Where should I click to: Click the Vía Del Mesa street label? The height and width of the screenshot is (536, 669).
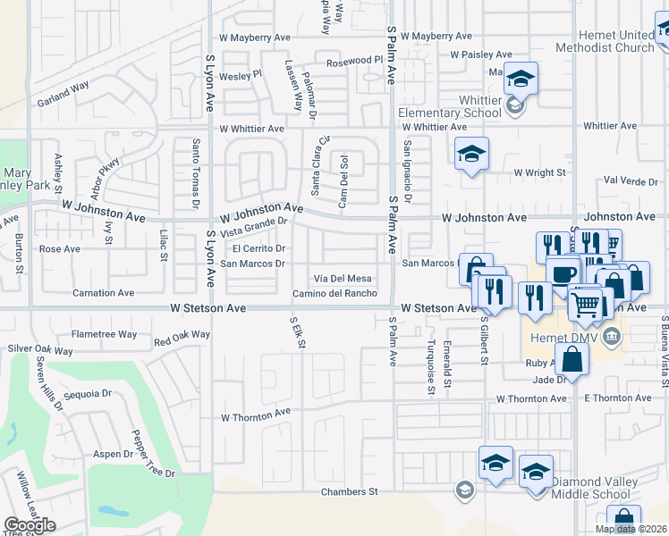pos(341,279)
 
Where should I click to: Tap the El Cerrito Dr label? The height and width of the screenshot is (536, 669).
pos(258,248)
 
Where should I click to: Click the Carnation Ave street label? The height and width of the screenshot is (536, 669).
pos(103,293)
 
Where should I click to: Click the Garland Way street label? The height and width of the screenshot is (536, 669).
pos(63,95)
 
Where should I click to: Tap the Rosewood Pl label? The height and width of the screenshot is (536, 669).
pos(354,62)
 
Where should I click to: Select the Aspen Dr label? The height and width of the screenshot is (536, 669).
pos(113,454)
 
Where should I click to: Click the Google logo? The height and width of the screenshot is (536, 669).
pos(30,525)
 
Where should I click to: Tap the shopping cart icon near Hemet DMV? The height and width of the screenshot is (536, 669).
pos(586,303)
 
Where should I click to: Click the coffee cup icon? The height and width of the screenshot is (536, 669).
pos(563,273)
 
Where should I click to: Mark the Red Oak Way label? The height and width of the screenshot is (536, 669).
pos(182,338)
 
